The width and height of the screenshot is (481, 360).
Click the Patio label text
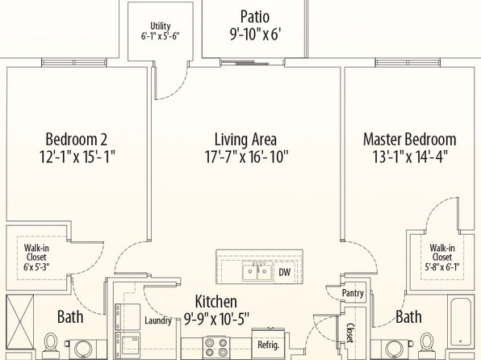(255, 17)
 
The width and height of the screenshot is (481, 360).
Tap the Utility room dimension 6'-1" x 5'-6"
(160, 36)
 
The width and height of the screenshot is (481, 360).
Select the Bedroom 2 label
(77, 139)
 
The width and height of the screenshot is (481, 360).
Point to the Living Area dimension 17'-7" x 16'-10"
(246, 157)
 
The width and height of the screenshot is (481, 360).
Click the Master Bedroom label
(409, 139)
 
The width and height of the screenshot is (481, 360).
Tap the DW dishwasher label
(284, 272)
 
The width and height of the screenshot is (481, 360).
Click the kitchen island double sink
(257, 271)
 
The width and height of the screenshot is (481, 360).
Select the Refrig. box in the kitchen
(269, 343)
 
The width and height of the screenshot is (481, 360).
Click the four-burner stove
(217, 347)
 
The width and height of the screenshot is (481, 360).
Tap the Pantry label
(353, 293)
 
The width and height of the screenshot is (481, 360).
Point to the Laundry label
(157, 320)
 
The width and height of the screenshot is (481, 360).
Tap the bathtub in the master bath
(460, 321)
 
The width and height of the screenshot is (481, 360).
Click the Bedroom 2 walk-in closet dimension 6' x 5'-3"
(36, 266)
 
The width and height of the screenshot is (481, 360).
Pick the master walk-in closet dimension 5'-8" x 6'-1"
(442, 266)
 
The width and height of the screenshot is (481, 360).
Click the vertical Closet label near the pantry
(350, 333)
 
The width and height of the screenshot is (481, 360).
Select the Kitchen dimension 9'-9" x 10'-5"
(216, 319)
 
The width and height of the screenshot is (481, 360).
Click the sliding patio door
(253, 63)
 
